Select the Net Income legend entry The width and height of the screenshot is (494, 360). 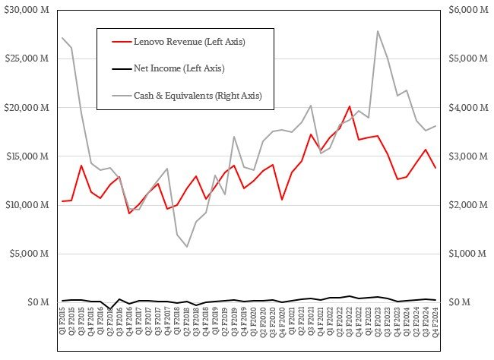pos(179,68)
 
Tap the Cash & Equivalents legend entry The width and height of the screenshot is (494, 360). pos(197,96)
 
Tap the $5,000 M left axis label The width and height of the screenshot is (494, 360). pos(27,254)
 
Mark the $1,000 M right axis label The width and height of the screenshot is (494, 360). pos(467,254)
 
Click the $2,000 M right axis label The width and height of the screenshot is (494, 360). pos(467,205)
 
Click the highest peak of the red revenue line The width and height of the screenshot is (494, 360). pos(349,106)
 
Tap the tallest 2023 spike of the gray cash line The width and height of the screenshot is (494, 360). pos(378,31)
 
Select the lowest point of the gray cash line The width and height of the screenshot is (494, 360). pos(187,247)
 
